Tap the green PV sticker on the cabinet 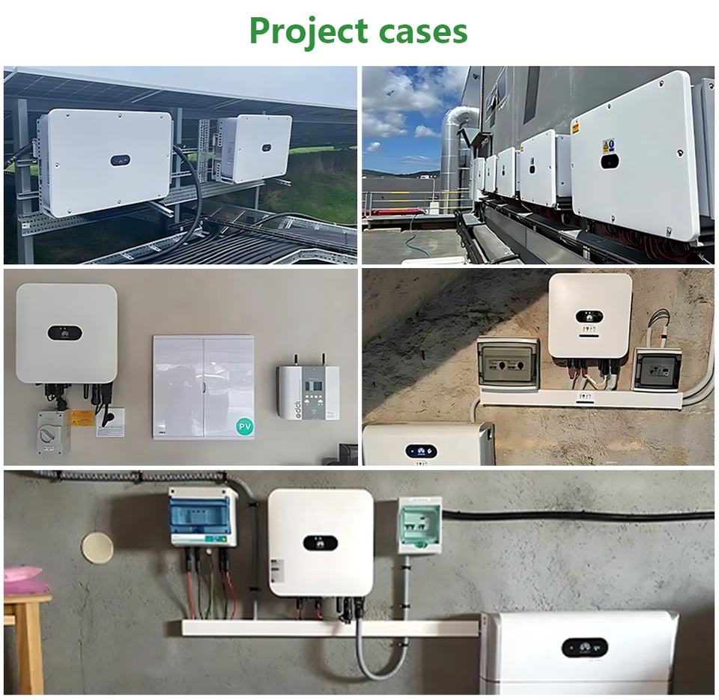coord(244,426)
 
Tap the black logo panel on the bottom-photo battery coord(585,648)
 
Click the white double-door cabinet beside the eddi coord(203,386)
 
